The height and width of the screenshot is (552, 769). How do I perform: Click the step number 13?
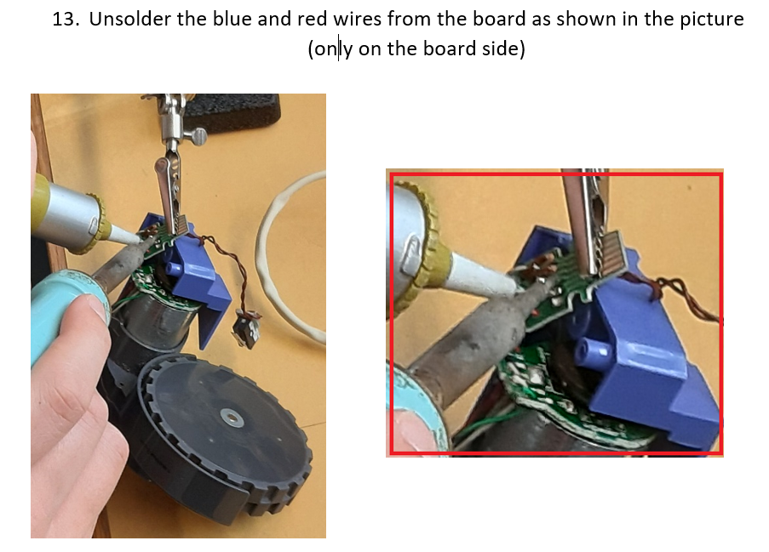(x=66, y=19)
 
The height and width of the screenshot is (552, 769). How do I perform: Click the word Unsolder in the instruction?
(x=130, y=19)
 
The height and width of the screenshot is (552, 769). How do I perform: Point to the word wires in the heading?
(x=358, y=19)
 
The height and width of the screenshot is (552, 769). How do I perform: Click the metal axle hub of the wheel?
(x=232, y=418)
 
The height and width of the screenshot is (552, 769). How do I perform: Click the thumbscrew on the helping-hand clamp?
(x=198, y=136)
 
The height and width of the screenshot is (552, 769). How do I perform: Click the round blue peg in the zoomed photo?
(x=592, y=350)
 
